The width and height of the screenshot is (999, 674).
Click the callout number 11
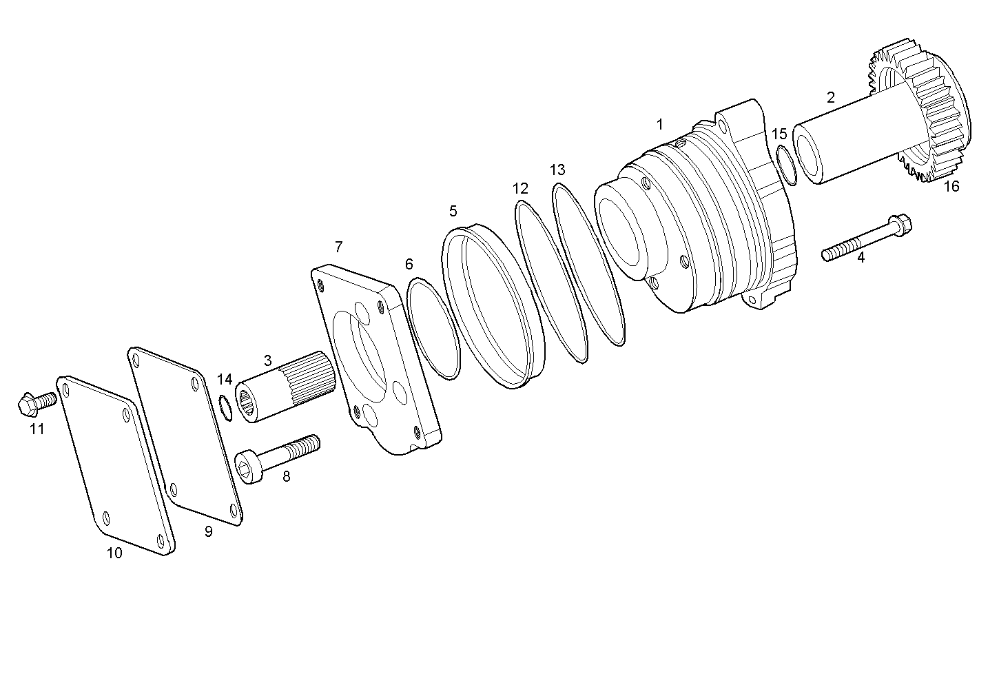37,429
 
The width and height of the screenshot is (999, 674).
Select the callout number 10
114,553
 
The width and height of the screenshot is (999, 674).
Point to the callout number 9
209,531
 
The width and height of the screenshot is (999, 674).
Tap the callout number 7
338,247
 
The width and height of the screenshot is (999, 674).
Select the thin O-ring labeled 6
433,328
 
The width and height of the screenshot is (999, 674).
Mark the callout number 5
453,211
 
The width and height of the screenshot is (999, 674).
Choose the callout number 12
520,188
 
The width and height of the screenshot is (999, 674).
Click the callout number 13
557,170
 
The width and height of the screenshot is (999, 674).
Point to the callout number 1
659,125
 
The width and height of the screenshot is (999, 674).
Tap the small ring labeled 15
787,165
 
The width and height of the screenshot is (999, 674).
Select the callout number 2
831,97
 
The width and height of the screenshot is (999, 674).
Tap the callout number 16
951,186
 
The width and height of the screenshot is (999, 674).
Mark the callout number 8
286,476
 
